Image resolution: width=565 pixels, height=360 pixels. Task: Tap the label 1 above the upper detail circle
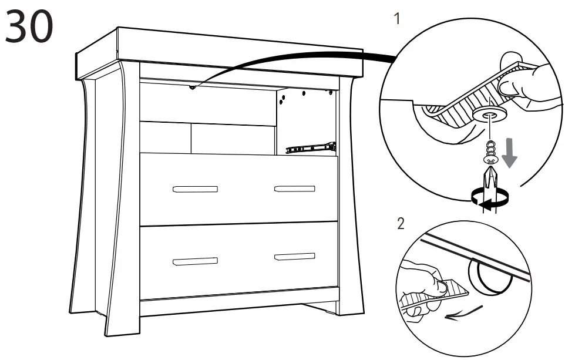tap(397, 19)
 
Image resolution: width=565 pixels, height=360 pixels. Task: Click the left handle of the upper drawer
tap(195, 189)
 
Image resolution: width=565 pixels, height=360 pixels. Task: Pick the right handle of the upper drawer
tap(295, 189)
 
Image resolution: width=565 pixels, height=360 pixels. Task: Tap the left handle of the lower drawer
tap(195, 260)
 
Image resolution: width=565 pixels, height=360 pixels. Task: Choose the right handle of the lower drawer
tap(295, 257)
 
